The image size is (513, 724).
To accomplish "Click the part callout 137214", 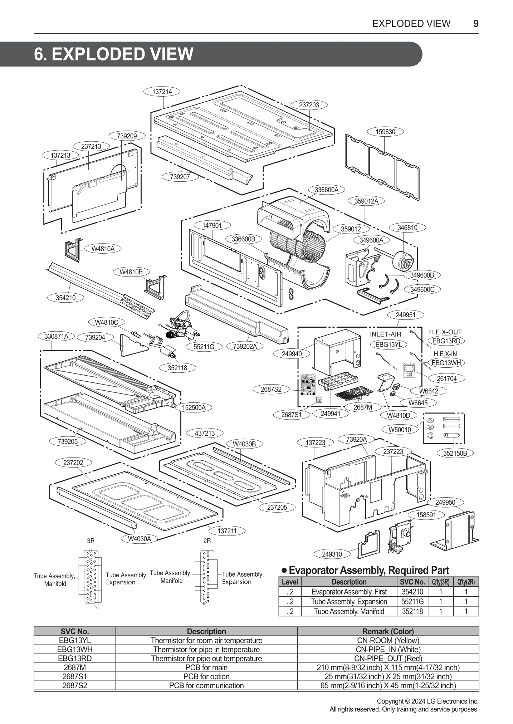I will click(x=162, y=92).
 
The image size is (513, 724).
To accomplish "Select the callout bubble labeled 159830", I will click(x=385, y=132).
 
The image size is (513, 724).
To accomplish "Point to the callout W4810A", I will click(x=103, y=249).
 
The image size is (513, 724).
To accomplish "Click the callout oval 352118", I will click(x=177, y=368).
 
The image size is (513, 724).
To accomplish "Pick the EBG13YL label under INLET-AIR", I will click(x=389, y=344).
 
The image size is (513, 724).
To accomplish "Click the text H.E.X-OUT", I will click(x=445, y=332).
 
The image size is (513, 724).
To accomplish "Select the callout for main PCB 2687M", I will click(x=363, y=407).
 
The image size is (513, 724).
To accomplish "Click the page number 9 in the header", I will click(x=475, y=24).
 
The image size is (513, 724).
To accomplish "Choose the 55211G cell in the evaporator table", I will click(x=412, y=602).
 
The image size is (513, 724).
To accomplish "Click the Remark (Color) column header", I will click(x=388, y=631).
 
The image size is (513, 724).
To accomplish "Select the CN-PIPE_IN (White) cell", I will click(x=388, y=649).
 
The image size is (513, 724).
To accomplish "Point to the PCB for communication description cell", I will click(x=206, y=685).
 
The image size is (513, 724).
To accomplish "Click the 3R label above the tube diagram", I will click(x=91, y=541).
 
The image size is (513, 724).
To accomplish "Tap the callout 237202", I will click(x=73, y=463).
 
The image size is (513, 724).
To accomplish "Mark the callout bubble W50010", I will click(x=400, y=429).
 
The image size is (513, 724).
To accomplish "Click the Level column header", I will click(x=290, y=582).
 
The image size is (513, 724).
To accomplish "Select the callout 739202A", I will click(x=245, y=346).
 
